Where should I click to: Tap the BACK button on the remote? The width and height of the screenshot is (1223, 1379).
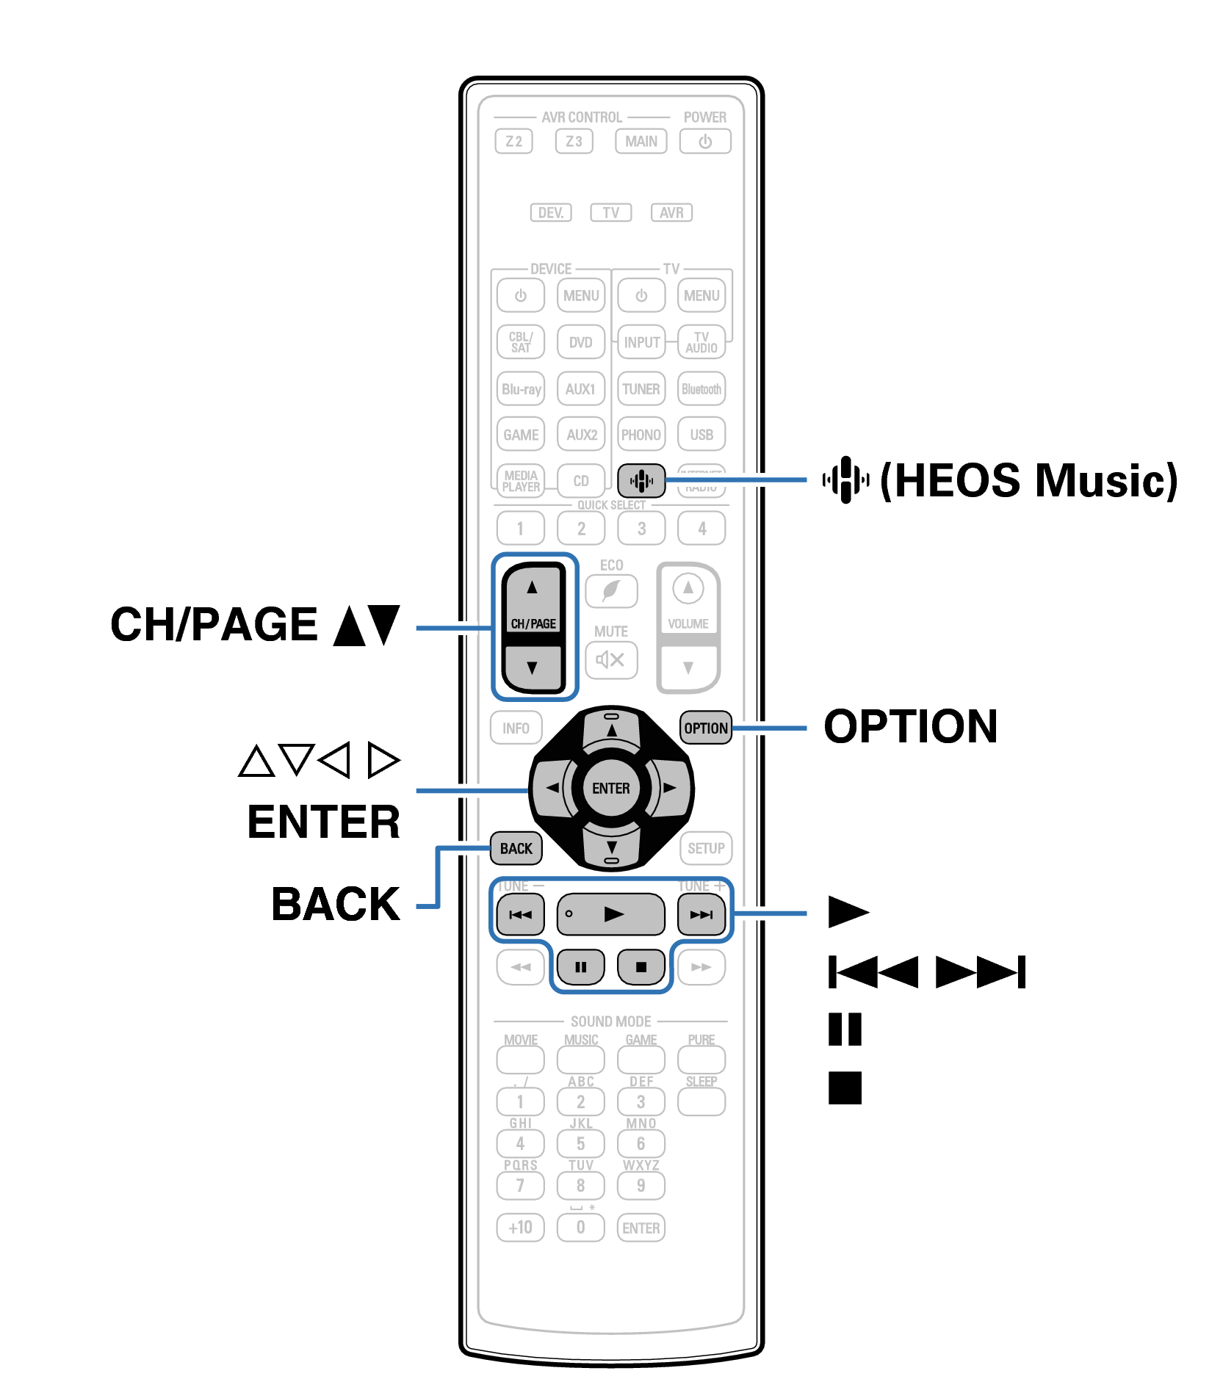(516, 848)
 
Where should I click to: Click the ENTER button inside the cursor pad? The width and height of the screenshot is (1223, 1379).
(611, 788)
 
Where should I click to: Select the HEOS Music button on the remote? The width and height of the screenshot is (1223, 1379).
(641, 481)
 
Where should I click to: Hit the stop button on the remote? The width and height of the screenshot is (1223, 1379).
(641, 967)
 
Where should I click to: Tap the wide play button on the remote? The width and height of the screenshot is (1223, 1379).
(611, 914)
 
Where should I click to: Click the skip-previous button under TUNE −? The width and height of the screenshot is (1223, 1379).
(520, 915)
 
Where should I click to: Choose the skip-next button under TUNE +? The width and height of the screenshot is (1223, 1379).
(701, 915)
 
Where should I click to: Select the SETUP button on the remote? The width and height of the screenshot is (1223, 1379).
(706, 848)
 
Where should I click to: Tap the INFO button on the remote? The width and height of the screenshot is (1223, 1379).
(516, 728)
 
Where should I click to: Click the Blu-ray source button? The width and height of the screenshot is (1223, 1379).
(521, 389)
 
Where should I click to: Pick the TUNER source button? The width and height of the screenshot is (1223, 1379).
(641, 389)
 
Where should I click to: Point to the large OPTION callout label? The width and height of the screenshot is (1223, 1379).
(910, 727)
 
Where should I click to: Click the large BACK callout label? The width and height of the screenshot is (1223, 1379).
(336, 904)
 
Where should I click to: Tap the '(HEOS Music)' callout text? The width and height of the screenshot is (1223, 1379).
(1028, 481)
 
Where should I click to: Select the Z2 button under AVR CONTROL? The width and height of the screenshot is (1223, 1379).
(514, 141)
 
